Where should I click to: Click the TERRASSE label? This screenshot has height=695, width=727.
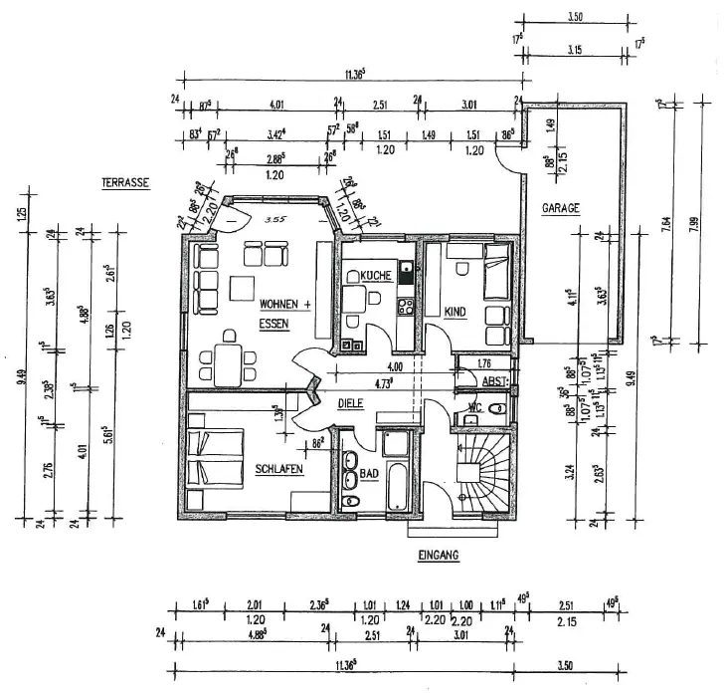124,182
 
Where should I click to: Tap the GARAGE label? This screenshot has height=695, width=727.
560,209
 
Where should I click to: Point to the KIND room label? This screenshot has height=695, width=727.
454,311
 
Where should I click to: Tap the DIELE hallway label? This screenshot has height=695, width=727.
349,404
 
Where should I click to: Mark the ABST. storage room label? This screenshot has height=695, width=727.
494,380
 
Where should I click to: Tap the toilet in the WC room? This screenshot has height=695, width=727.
496,410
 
